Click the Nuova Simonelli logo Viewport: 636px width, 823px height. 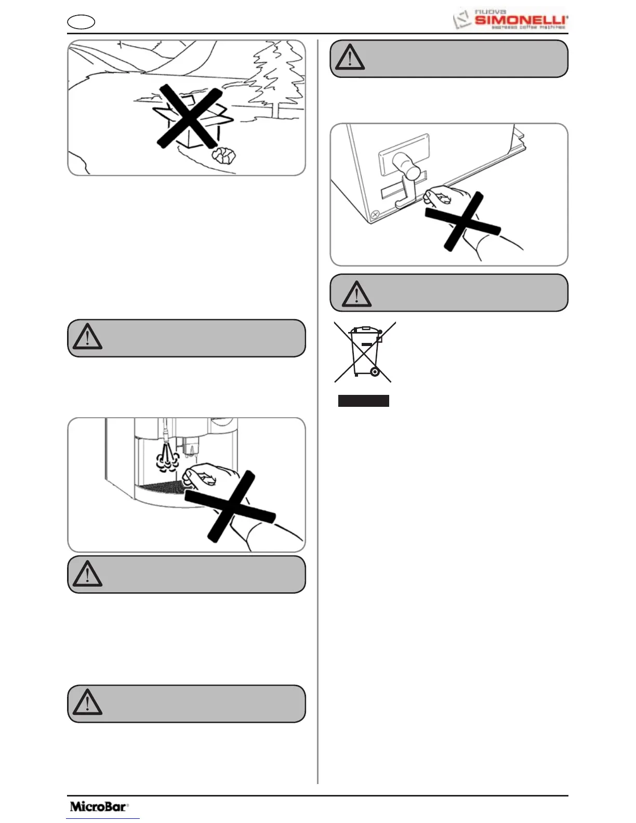pyautogui.click(x=511, y=19)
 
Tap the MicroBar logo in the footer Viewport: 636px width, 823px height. pyautogui.click(x=99, y=806)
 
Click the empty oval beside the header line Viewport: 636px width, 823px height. pyautogui.click(x=81, y=22)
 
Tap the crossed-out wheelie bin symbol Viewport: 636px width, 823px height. pyautogui.click(x=365, y=352)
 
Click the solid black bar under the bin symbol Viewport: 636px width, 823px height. pyautogui.click(x=363, y=401)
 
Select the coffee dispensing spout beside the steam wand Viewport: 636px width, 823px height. pyautogui.click(x=191, y=446)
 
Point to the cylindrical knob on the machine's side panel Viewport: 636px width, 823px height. pyautogui.click(x=406, y=166)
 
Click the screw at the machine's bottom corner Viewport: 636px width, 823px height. pyautogui.click(x=375, y=214)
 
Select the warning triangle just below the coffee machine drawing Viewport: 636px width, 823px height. pyautogui.click(x=87, y=574)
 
